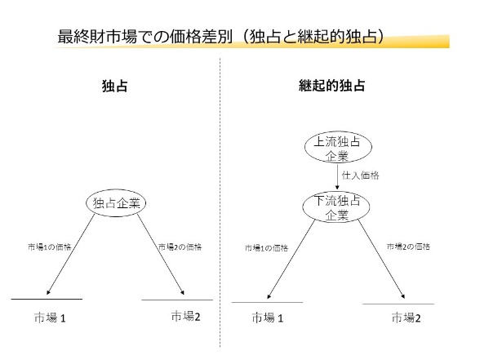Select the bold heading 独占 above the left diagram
point(115,86)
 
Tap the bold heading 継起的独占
point(331,86)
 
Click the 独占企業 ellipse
point(116,203)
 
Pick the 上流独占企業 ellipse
point(338,147)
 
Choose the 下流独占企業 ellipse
point(336,207)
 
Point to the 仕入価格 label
point(360,176)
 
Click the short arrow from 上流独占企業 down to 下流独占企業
point(337,177)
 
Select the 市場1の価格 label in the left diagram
point(49,247)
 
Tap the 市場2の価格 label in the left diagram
point(180,247)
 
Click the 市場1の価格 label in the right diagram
point(267,247)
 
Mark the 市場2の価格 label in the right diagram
point(408,247)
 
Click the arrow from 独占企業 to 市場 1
point(71,255)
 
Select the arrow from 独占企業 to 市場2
point(161,254)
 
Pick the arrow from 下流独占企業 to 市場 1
point(291,259)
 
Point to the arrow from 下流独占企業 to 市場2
point(382,259)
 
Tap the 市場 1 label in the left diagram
point(50,318)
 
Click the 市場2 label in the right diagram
point(407,318)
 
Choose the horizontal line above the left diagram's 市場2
point(177,300)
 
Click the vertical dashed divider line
point(220,202)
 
